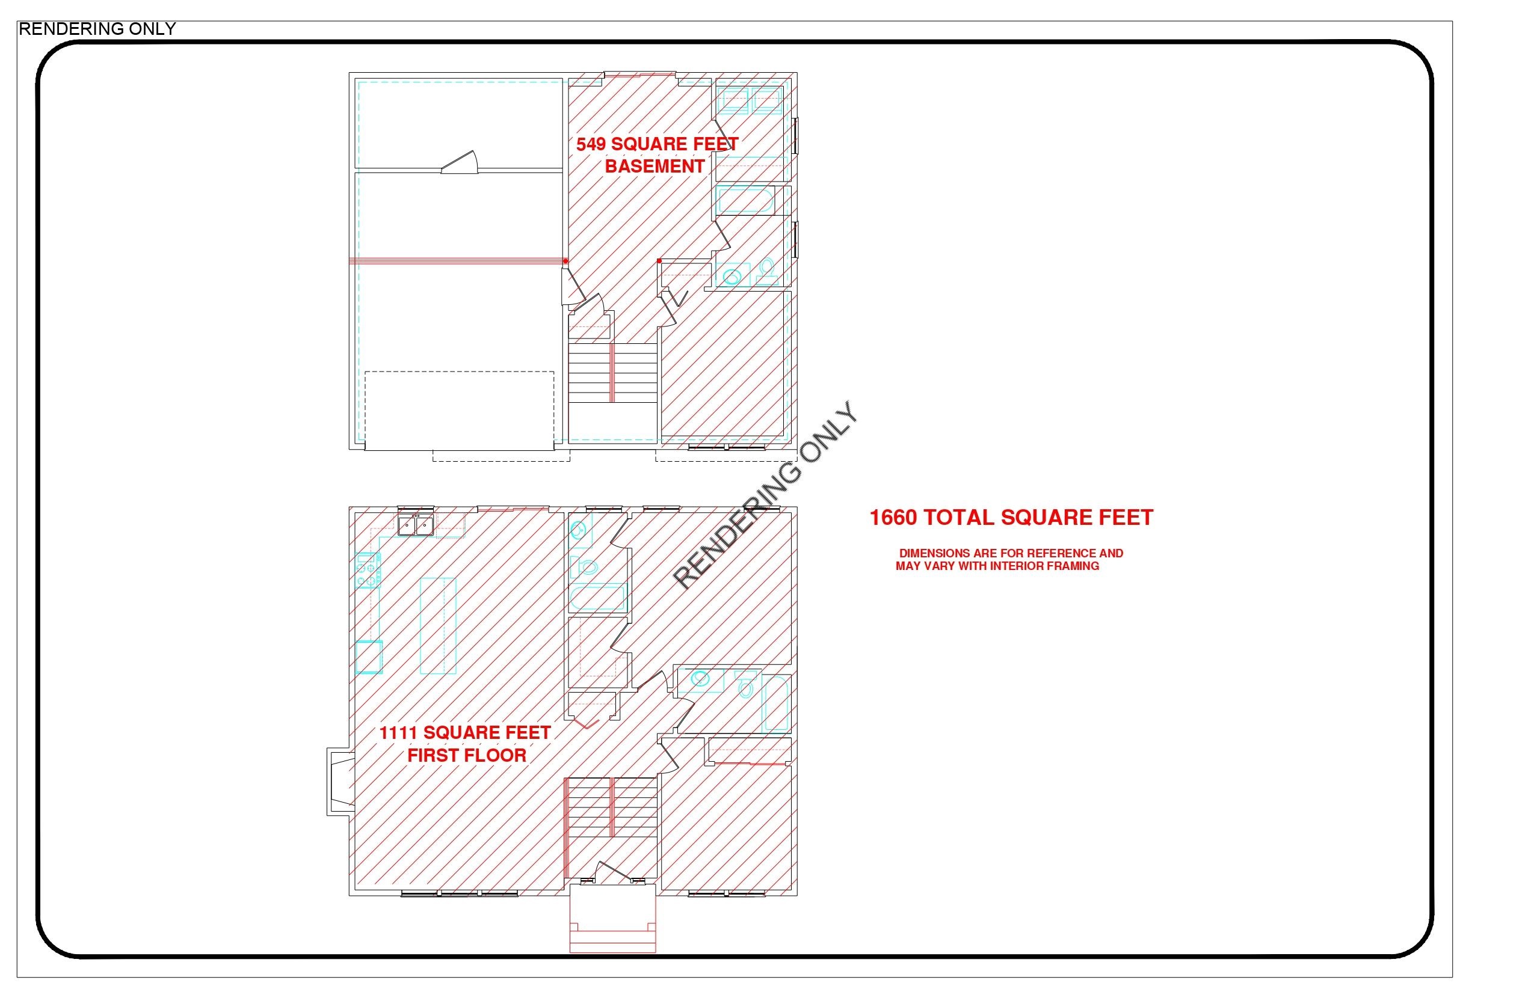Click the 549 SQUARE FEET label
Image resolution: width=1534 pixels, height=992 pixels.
point(657,144)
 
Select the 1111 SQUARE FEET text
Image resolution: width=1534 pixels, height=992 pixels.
point(464,733)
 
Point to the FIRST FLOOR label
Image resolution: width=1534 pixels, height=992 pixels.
point(467,756)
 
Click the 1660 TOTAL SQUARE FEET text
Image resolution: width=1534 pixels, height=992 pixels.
point(1011,518)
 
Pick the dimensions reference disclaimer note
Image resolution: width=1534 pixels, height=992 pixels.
point(1009,560)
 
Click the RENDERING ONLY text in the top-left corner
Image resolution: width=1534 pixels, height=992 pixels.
point(97,29)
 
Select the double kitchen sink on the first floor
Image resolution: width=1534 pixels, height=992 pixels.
point(415,525)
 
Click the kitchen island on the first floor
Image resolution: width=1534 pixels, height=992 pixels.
point(438,625)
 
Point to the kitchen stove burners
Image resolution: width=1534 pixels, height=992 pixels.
point(368,571)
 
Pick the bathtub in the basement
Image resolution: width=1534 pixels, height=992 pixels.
point(745,200)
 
